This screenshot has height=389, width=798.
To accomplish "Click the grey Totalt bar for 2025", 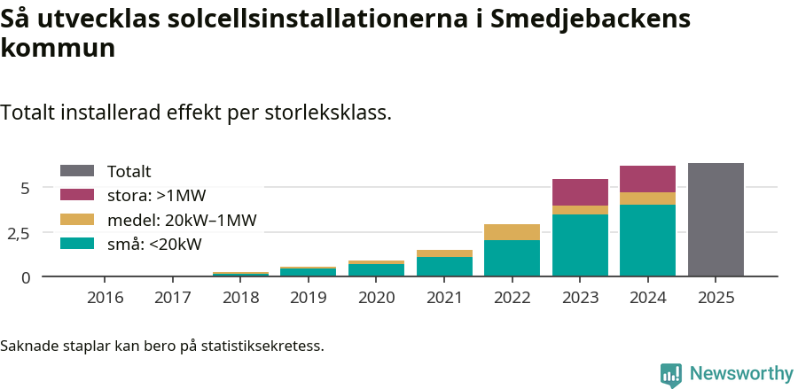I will pos(716,220).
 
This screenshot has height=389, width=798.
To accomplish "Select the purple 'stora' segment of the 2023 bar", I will pos(580,192).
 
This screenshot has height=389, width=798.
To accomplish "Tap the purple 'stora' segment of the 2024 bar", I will pos(647,179).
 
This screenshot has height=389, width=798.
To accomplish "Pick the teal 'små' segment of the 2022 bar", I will pos(512,258).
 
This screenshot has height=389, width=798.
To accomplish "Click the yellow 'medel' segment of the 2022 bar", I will pos(512,232).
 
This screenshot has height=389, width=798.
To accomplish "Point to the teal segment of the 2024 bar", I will pos(647,240).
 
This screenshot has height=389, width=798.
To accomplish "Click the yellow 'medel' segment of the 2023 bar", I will pos(580,210).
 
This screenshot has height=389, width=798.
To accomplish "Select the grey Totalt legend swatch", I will pos(77,171).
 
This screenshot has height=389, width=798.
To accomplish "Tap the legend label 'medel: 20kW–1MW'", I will pos(181,220).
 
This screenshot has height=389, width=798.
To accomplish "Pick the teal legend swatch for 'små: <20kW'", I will pos(77,244).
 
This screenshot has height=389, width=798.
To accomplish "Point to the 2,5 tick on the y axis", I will pos(19,233).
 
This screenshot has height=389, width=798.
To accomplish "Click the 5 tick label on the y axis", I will pos(25,188).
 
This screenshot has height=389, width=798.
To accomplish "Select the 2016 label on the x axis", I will pos(105,298).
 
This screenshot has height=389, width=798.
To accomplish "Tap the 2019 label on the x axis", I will pos(309,298).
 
